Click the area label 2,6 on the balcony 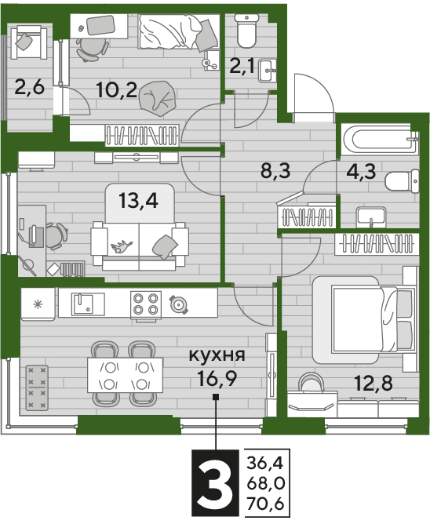click(x=29, y=88)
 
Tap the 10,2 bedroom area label click(x=116, y=89)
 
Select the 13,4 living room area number click(x=138, y=201)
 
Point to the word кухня click(x=217, y=355)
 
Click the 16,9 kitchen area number click(x=217, y=378)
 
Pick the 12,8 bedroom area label click(x=374, y=383)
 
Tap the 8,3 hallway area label click(x=275, y=171)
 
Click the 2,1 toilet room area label click(x=242, y=67)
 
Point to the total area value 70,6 click(x=265, y=503)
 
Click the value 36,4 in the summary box click(x=265, y=464)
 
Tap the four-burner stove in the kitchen click(x=146, y=304)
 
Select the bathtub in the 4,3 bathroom click(x=380, y=140)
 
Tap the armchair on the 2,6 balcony click(x=29, y=43)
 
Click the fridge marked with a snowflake click(x=38, y=304)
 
